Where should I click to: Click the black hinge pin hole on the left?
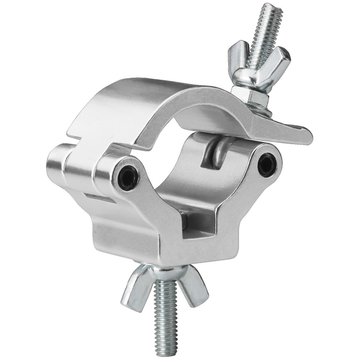click(128, 174)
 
